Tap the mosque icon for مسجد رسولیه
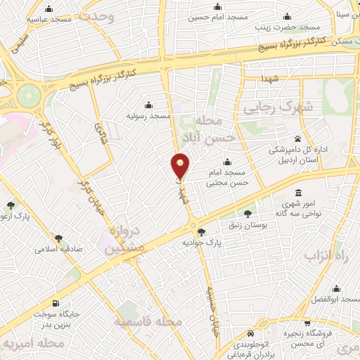pyautogui.click(x=147, y=103)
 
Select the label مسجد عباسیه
pyautogui.click(x=49, y=19)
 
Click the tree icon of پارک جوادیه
pyautogui.click(x=202, y=231)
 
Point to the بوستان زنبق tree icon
pyautogui.click(x=247, y=213)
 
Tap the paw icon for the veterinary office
pyautogui.click(x=298, y=139)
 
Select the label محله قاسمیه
pyautogui.click(x=151, y=321)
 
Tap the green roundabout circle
pyautogui.click(x=28, y=93)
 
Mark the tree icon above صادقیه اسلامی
pyautogui.click(x=58, y=238)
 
